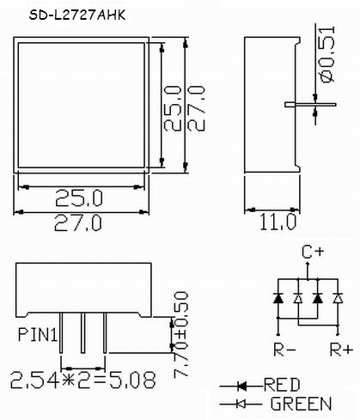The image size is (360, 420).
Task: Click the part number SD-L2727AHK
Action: (x=77, y=15)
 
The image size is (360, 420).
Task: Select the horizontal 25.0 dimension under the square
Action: (x=79, y=198)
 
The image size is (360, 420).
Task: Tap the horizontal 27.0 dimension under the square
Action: (x=78, y=223)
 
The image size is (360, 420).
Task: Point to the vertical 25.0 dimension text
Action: (x=173, y=108)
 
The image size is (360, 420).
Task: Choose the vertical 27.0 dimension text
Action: (x=197, y=108)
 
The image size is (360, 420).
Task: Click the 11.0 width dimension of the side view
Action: (x=278, y=222)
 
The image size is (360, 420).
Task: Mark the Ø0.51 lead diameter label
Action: (x=326, y=54)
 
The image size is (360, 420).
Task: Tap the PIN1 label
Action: (x=38, y=334)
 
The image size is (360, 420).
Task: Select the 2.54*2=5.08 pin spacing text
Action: (x=83, y=380)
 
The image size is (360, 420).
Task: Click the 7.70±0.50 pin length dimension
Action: (x=180, y=334)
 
